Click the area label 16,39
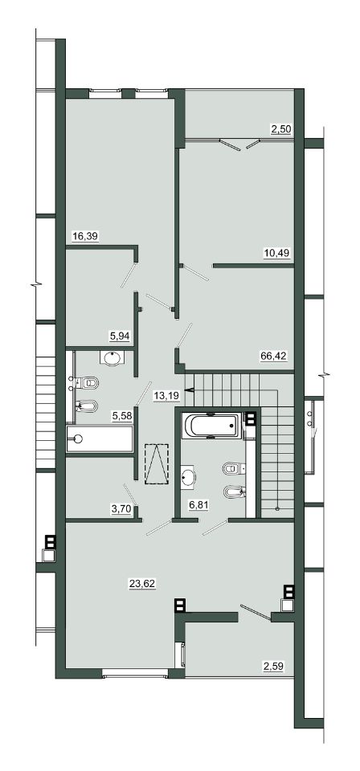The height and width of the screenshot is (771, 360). pos(85,236)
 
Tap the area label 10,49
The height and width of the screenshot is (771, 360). pos(276,253)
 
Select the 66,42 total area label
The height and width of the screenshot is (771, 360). pos(272,355)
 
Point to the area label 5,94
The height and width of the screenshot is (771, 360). pos(120,336)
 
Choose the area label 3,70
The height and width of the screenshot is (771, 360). pos(121,509)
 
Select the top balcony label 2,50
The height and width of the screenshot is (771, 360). pos(281,130)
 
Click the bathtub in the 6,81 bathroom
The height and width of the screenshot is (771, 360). pos(211,426)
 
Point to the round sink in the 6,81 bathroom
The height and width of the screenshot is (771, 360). pos(188,476)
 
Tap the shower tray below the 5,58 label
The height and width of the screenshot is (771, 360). pos(100,439)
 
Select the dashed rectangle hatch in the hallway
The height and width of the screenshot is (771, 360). pos(157,463)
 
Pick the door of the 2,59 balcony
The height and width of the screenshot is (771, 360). pos(254,611)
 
